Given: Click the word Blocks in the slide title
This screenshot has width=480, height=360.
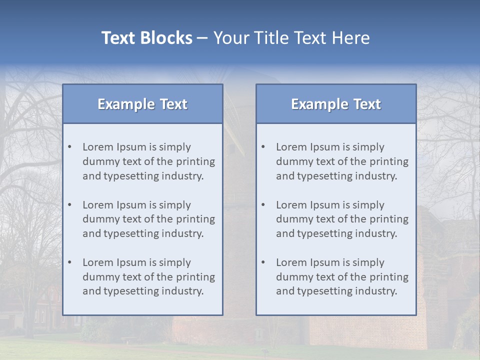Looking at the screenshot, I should coord(167,38).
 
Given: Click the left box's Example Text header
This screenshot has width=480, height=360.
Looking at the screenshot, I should coord(142,104).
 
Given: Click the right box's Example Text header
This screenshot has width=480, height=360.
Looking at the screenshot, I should coord(336,104).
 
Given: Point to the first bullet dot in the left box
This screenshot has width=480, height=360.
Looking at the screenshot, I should coord(70,147).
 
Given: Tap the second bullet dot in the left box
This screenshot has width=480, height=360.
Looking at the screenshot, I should coord(70,205).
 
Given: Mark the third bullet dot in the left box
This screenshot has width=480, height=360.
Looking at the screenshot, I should coord(70,263).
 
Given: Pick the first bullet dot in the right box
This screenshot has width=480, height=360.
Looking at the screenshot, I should coord(263,147).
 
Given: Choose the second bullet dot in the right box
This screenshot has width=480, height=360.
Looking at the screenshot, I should coord(263,205).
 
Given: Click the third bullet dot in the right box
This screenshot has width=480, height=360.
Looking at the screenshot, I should coord(263,263).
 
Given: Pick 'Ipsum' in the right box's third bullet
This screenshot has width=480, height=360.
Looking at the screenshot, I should coord(326,262).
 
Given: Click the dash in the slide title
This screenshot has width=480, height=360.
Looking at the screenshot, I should coord(203,38).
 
